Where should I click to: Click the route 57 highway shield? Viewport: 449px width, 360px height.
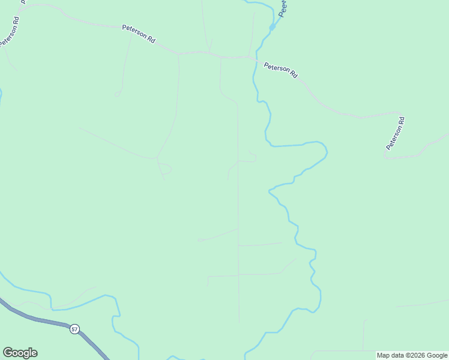(74, 329)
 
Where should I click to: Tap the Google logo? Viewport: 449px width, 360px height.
(20, 353)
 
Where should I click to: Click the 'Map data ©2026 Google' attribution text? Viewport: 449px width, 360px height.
(412, 355)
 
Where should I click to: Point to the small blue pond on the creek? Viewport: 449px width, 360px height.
(272, 27)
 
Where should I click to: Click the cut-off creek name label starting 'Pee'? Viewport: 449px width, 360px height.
(284, 7)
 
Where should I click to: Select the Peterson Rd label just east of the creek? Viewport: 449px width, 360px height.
(281, 70)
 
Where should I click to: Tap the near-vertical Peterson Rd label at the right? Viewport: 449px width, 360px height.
(396, 133)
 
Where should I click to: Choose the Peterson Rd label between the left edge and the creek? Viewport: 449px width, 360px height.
(139, 34)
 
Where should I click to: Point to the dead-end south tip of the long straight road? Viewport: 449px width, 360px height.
(239, 321)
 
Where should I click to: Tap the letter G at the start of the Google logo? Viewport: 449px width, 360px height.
(8, 353)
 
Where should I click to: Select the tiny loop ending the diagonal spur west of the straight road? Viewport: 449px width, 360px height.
(199, 240)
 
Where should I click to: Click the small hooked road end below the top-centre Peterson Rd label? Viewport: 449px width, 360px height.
(118, 94)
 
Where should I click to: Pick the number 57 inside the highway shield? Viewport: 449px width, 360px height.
(74, 329)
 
